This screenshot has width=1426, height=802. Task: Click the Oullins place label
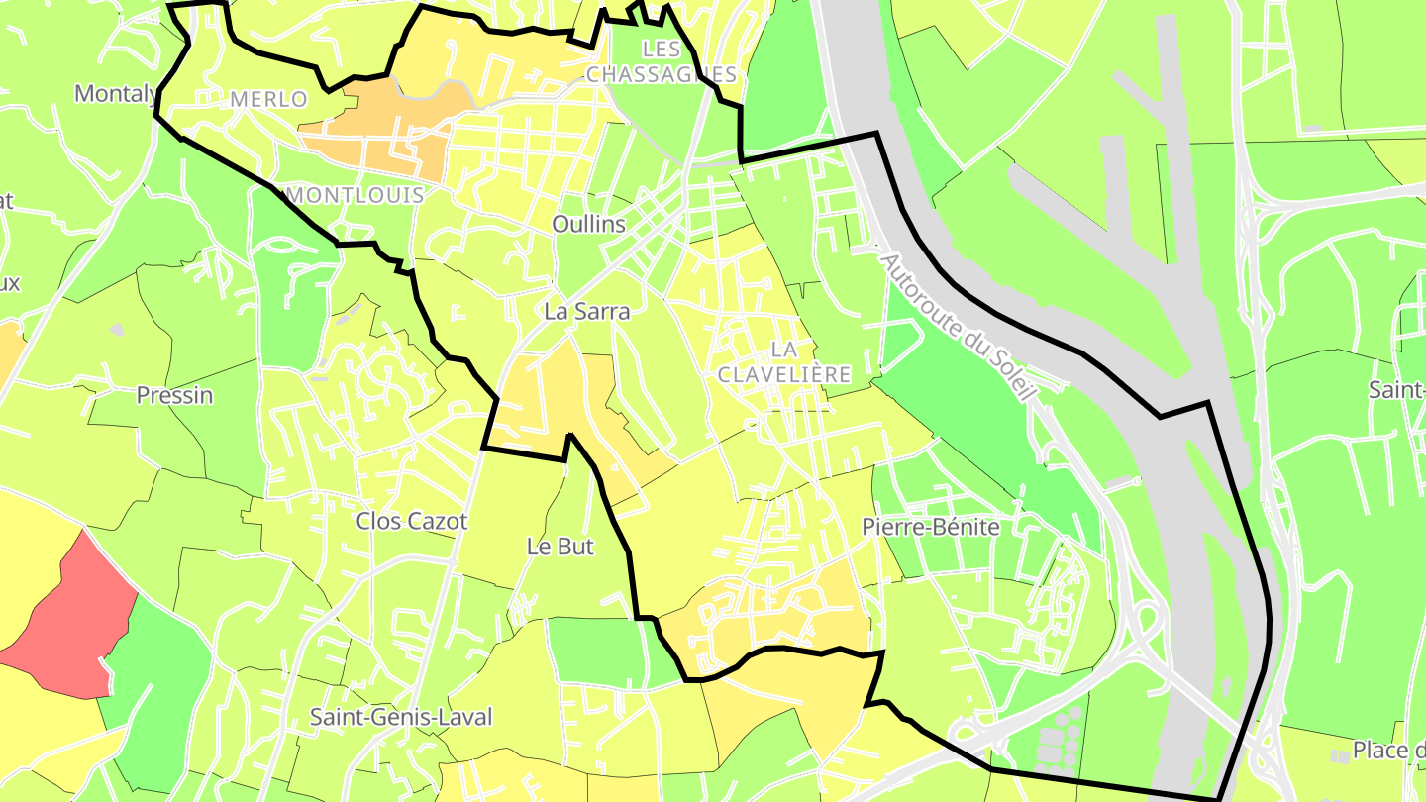coord(589,224)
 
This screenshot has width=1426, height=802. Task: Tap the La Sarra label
coord(587,311)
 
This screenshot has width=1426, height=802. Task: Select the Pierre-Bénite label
coord(931,527)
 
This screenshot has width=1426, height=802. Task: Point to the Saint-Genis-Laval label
coord(401,717)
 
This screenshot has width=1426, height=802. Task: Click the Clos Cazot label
coord(412,521)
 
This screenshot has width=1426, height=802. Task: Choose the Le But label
coord(560,546)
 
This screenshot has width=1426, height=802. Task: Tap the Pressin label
coord(174,395)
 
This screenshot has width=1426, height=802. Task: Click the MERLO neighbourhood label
coord(268,99)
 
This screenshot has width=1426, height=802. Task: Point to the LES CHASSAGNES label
coord(662,61)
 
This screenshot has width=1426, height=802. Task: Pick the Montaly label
coord(116,94)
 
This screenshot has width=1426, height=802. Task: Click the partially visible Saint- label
coord(1396,389)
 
